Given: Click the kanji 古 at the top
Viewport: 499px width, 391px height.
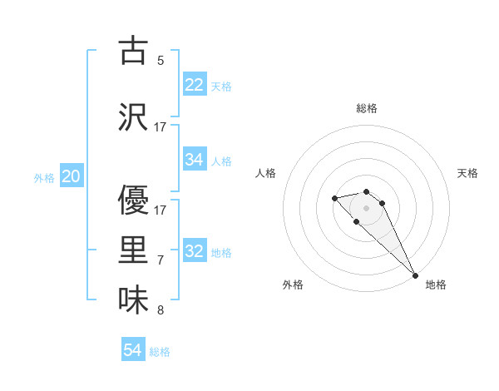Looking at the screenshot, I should coord(134,51).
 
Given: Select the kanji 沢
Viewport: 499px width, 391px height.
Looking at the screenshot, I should coord(134,117).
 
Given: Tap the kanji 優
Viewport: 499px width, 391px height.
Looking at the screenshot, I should coord(134,200).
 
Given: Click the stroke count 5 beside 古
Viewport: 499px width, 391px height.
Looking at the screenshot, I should coord(161,61).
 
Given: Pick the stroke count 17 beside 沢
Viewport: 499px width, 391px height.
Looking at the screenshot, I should coord(161,127).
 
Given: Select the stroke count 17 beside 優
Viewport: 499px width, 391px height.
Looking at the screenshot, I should coord(161,210).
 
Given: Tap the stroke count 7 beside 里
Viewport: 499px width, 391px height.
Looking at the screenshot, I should coord(161,260).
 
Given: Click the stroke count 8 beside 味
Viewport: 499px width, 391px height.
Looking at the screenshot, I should coord(161,311).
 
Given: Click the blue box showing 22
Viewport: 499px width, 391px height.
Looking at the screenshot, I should coord(195,85).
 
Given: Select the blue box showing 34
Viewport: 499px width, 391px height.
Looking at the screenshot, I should coord(195,160).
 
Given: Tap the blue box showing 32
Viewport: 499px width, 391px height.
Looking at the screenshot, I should coord(195,251).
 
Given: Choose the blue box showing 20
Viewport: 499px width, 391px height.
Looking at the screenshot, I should coord(72,176).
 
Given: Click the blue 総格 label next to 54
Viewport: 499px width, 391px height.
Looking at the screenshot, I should coord(160,352).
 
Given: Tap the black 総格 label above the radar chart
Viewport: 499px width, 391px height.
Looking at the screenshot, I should coord(367,108).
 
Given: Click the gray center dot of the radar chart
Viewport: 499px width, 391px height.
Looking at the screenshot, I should coord(367,208).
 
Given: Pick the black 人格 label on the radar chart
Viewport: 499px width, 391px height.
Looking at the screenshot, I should coord(266,173).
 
